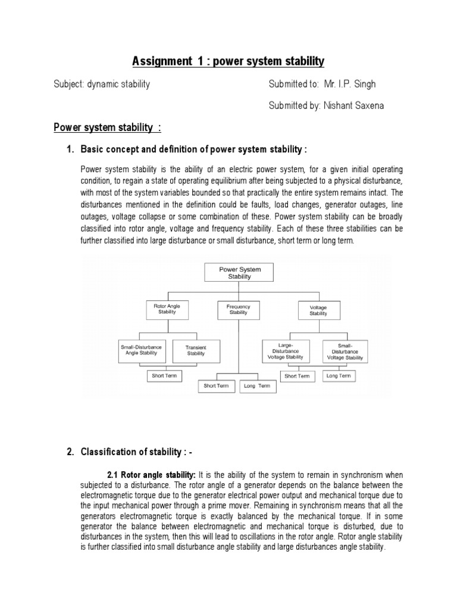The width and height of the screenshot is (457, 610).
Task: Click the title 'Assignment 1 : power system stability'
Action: [228, 61]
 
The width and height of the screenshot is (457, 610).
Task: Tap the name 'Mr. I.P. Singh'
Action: [350, 84]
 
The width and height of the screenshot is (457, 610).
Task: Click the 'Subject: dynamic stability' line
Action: [102, 84]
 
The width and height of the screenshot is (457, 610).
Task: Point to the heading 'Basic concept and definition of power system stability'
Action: [194, 148]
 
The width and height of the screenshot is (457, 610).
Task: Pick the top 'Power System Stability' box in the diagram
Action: [239, 273]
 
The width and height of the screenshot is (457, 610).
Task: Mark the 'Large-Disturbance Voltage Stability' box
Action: [285, 350]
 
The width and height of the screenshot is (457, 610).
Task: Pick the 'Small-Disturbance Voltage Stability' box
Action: [343, 351]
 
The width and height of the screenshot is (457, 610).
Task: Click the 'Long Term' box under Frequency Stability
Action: [257, 386]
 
